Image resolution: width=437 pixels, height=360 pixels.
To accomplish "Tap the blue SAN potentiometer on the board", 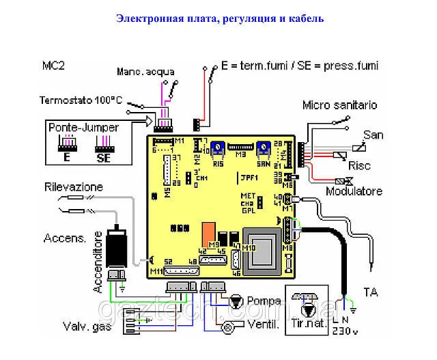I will click(262, 146).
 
